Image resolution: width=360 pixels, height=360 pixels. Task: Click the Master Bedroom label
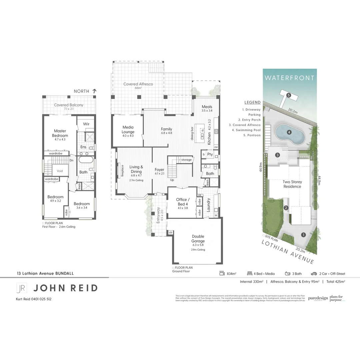tap(60, 133)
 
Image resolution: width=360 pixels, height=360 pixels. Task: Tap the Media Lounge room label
tap(128, 129)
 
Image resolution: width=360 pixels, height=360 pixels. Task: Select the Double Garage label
tap(198, 239)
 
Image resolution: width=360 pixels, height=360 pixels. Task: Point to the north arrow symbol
tap(94, 91)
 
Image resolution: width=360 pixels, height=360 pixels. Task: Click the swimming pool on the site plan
tap(289, 133)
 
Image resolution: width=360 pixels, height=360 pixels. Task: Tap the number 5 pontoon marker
tap(289, 95)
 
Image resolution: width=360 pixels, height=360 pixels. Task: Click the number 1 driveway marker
tap(303, 235)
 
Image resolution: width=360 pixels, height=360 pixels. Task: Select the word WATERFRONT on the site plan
tap(289, 78)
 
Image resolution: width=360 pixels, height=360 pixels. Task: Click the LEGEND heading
tap(252, 103)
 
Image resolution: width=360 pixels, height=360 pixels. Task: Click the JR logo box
tap(22, 288)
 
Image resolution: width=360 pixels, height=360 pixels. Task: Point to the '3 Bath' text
tap(297, 274)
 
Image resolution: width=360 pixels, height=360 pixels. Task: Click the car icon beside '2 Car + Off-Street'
tap(314, 274)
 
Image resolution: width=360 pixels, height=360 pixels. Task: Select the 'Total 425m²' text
tap(335, 282)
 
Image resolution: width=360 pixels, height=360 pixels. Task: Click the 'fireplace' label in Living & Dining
tap(122, 171)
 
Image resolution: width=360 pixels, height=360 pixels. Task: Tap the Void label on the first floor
tap(60, 171)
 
